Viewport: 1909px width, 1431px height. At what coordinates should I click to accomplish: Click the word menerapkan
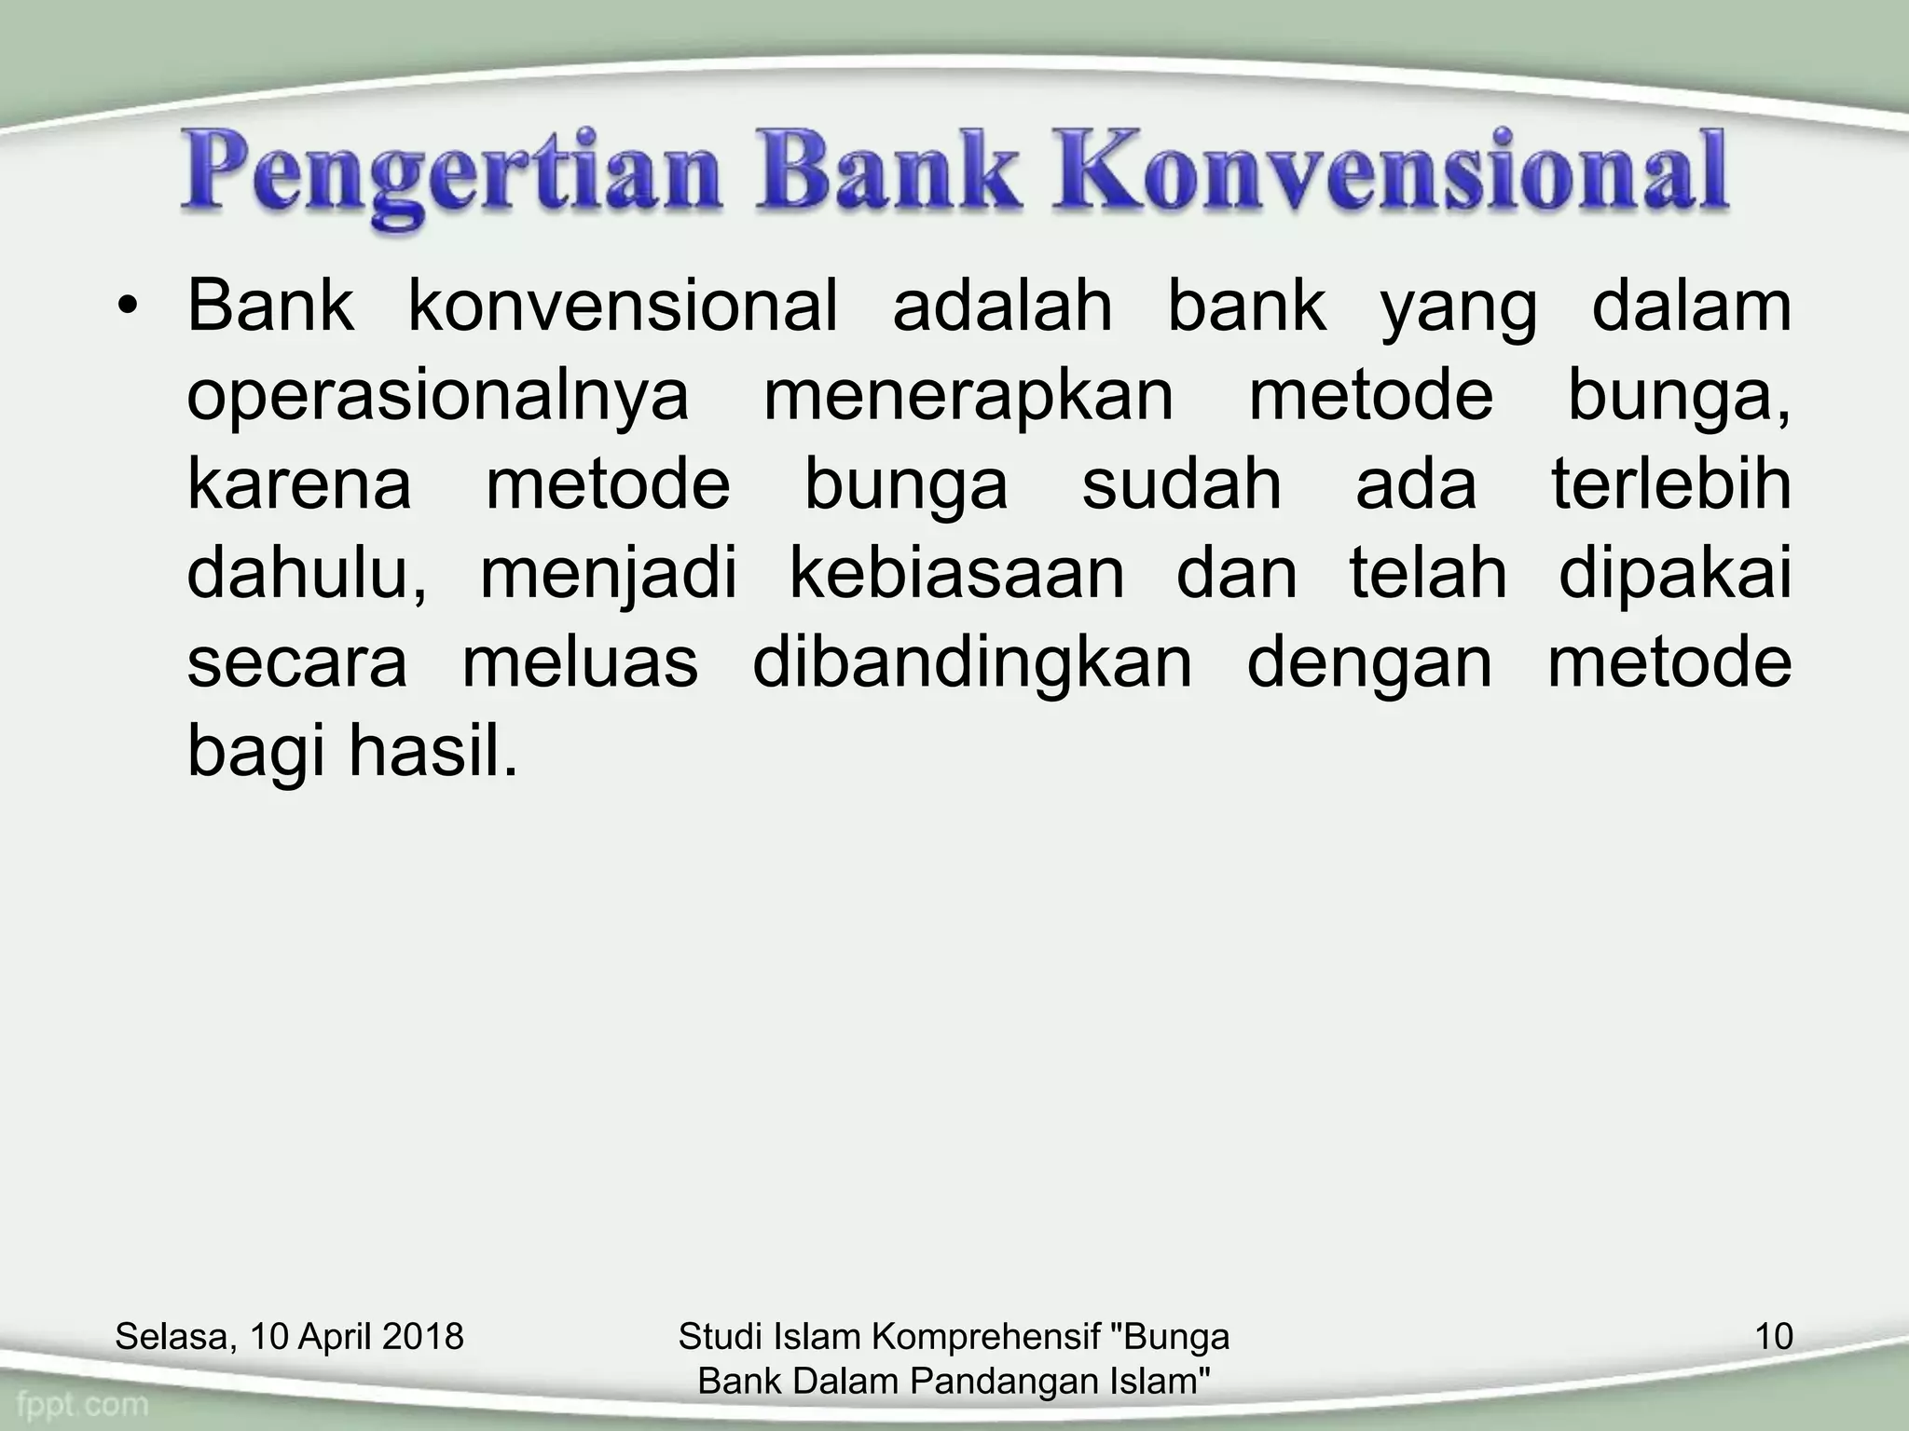[968, 395]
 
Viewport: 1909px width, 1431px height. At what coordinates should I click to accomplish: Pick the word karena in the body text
[299, 485]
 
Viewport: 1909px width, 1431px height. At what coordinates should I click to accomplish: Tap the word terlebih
[1671, 484]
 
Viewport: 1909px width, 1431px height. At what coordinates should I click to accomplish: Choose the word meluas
[580, 662]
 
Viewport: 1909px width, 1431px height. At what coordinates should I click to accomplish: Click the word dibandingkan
[972, 664]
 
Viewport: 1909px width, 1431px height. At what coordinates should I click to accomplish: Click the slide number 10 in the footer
[1773, 1337]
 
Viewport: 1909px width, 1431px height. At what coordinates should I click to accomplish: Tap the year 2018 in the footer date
[423, 1337]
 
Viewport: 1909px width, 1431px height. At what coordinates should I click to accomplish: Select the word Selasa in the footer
[172, 1338]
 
